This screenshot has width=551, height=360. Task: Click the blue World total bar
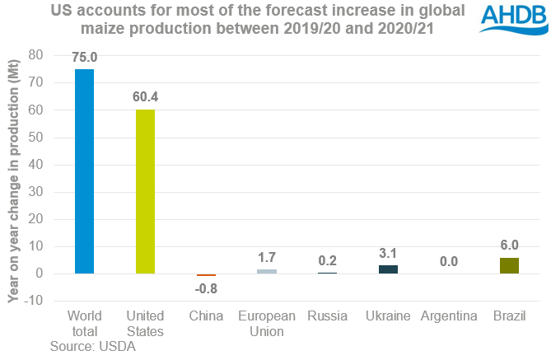click(x=84, y=171)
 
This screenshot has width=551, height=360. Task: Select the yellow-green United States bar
click(x=145, y=191)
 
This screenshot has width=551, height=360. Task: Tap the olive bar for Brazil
click(x=509, y=265)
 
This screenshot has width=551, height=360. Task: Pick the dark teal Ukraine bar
click(x=388, y=269)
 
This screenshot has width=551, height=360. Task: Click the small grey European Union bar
click(x=267, y=271)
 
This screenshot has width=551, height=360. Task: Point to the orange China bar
click(x=206, y=275)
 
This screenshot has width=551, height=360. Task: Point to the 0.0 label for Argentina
click(x=448, y=262)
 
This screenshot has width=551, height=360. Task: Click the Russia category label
click(x=327, y=316)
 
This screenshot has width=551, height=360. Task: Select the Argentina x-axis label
click(x=448, y=316)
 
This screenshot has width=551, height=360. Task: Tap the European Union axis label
click(x=267, y=324)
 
